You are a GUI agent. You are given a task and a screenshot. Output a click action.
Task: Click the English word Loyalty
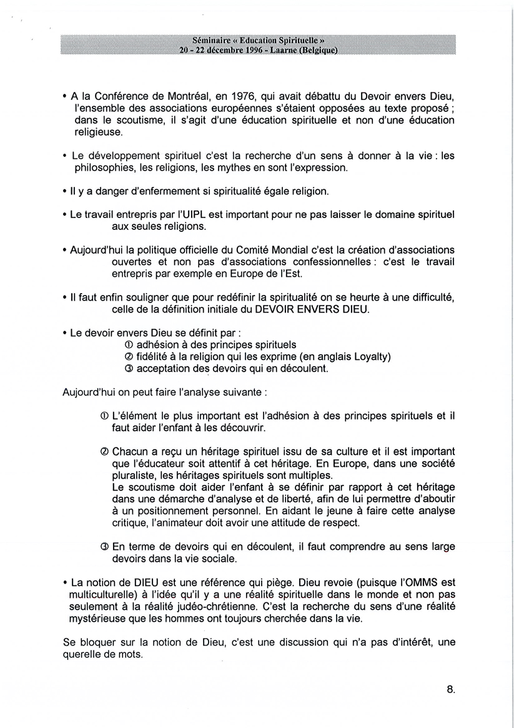tap(370, 357)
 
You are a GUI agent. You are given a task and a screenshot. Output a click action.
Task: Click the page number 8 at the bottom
tap(450, 690)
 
